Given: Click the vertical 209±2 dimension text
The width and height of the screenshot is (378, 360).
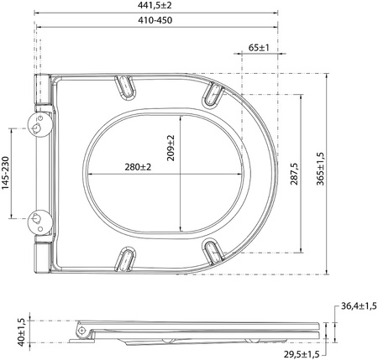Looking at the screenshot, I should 171,149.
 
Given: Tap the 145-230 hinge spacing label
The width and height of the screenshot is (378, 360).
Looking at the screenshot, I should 6,173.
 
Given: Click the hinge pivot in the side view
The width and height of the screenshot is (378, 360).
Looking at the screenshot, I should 81,331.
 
